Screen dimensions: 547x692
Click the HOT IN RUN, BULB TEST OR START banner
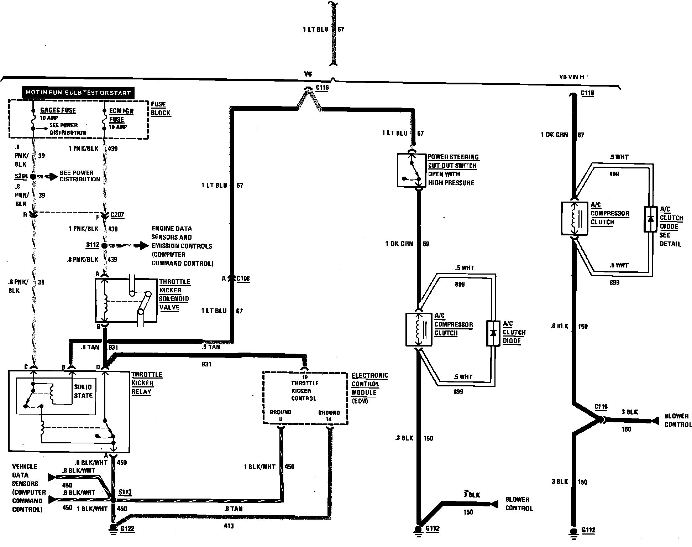click(78, 93)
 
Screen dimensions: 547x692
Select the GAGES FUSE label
click(58, 110)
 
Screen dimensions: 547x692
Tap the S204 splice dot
click(33, 176)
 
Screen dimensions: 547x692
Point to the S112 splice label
click(93, 245)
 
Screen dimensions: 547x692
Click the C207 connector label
click(117, 215)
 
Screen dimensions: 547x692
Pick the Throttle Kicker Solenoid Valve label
click(174, 295)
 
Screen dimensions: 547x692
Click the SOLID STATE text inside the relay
click(83, 391)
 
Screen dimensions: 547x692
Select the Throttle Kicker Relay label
click(147, 383)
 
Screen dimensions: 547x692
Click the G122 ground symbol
click(113, 527)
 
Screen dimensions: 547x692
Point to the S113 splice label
click(125, 492)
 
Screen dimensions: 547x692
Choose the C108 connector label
click(243, 278)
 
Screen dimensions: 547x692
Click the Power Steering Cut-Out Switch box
click(411, 170)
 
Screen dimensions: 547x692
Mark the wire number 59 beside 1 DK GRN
click(426, 244)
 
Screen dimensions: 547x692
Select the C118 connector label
click(587, 93)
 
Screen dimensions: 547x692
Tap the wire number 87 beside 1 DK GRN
click(581, 135)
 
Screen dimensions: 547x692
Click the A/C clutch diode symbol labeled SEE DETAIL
click(650, 219)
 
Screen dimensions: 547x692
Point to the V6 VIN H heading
click(571, 77)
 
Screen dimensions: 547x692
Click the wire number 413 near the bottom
click(229, 526)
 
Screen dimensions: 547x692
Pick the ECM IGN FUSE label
click(121, 115)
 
